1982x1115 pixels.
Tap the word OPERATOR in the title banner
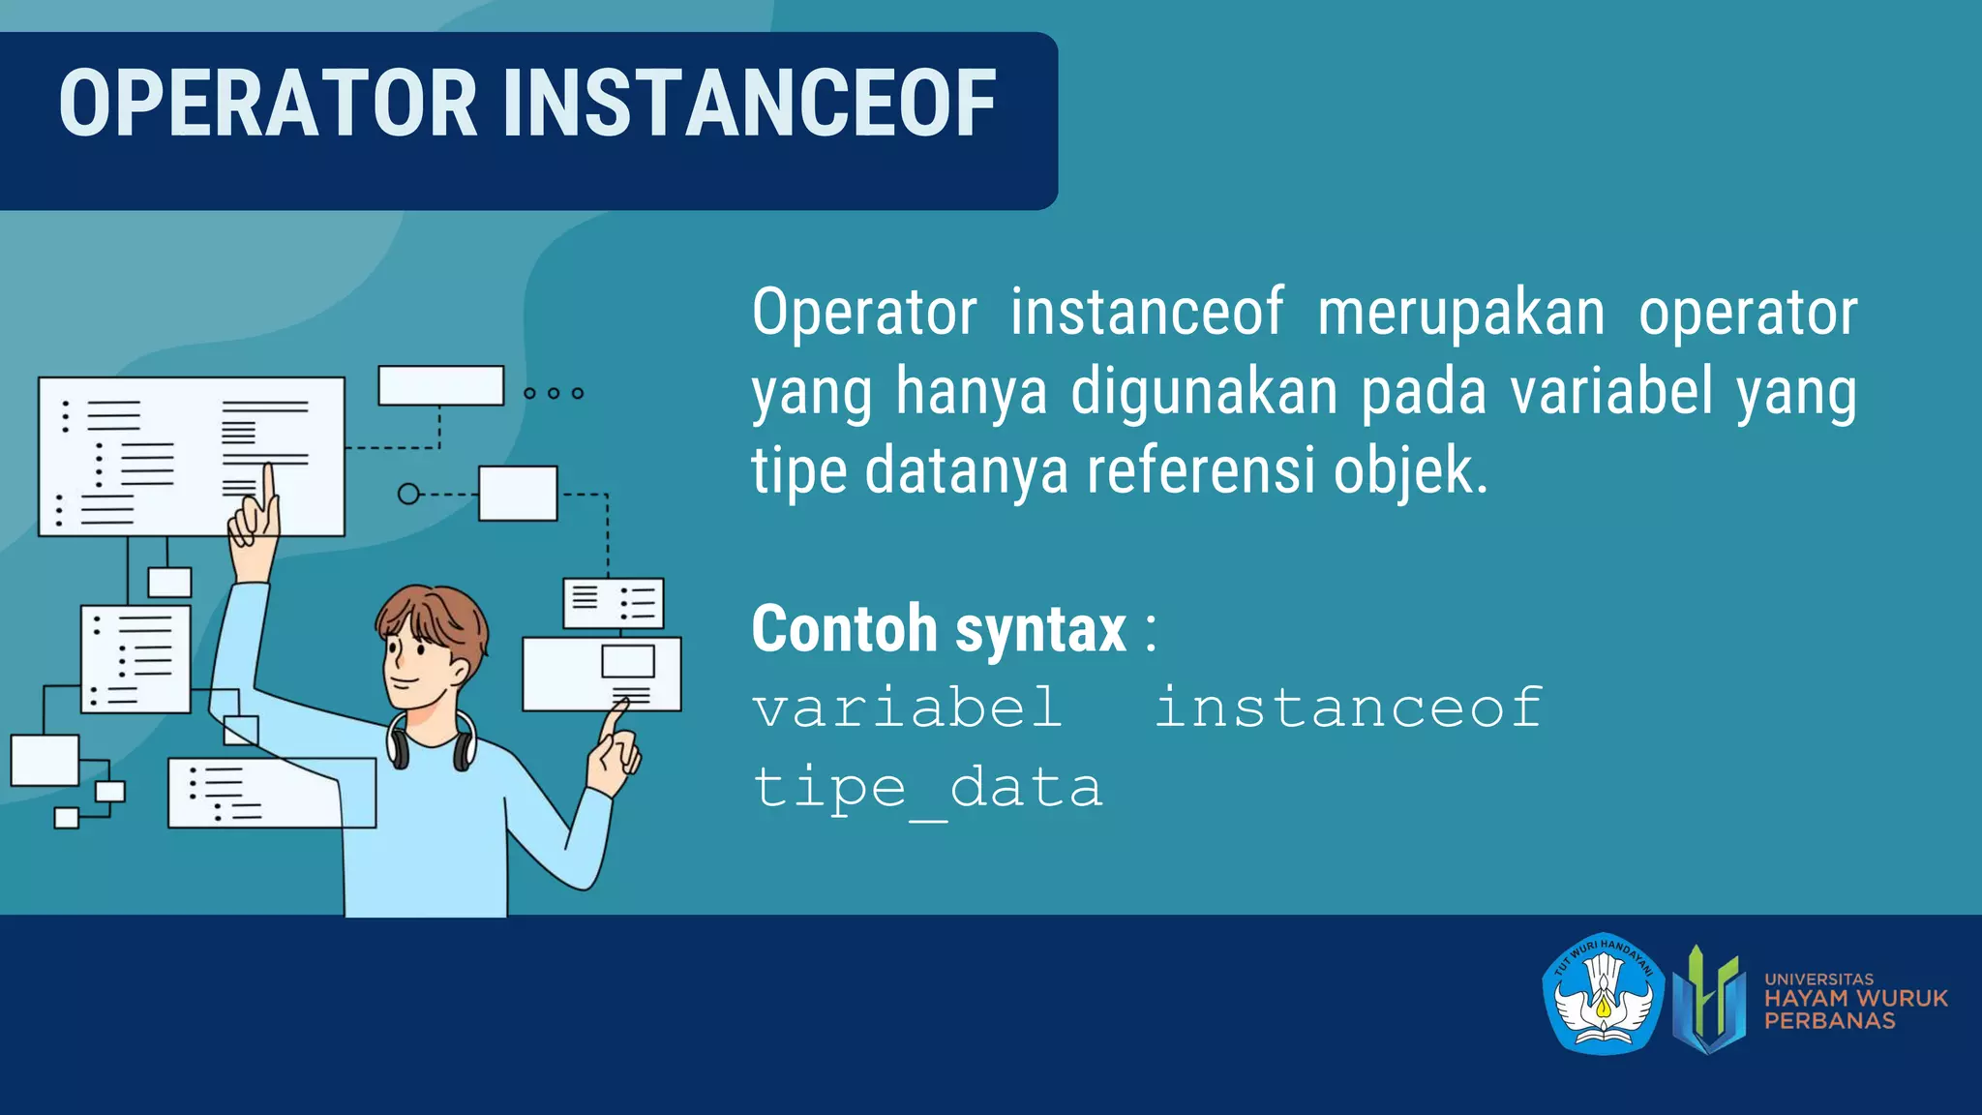pyautogui.click(x=268, y=104)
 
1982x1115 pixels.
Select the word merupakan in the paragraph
pyautogui.click(x=1460, y=313)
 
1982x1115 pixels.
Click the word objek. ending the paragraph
pyautogui.click(x=1410, y=471)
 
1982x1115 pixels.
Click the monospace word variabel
pyautogui.click(x=908, y=708)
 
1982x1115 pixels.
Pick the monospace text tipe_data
pyautogui.click(x=927, y=788)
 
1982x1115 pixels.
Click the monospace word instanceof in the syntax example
pyautogui.click(x=1348, y=708)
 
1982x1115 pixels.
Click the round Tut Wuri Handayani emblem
pyautogui.click(x=1603, y=994)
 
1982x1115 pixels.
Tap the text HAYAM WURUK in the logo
pyautogui.click(x=1855, y=999)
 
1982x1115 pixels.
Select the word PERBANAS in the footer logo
pyautogui.click(x=1829, y=1021)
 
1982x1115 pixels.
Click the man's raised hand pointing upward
pyautogui.click(x=255, y=523)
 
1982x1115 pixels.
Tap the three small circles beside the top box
pyautogui.click(x=554, y=393)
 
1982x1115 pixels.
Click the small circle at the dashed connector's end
pyautogui.click(x=408, y=495)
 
